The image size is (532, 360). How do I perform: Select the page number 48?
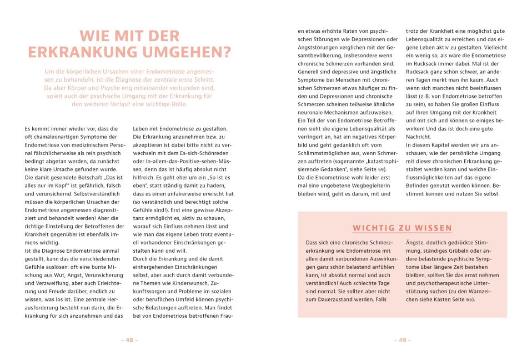pyautogui.click(x=129, y=340)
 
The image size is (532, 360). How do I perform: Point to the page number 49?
pyautogui.click(x=402, y=340)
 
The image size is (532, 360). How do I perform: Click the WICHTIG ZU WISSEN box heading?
pyautogui.click(x=402, y=228)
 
